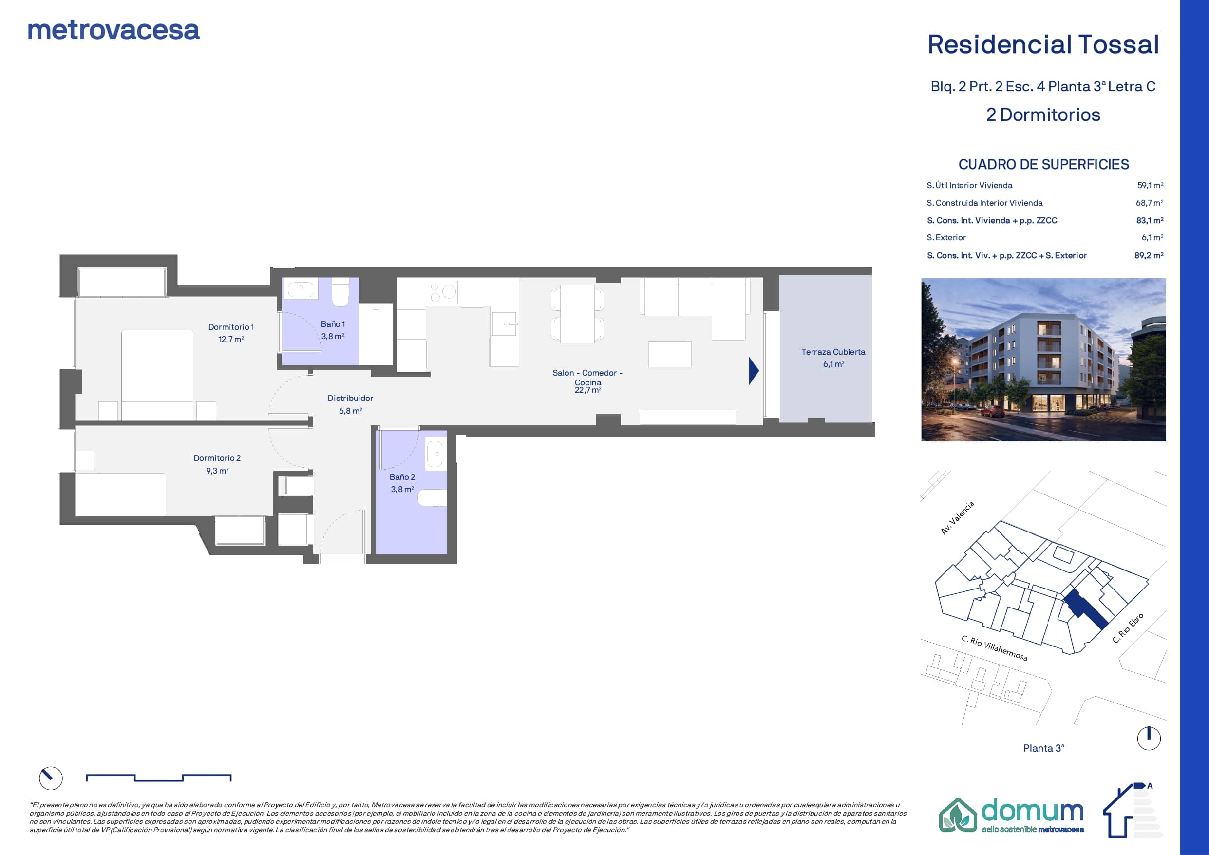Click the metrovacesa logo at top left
[x=113, y=31]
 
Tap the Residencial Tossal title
[x=1043, y=44]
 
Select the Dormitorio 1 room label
[x=231, y=327]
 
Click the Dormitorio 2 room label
[x=217, y=458]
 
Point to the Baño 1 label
[x=333, y=324]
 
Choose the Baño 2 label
[x=402, y=477]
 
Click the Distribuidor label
[x=350, y=398]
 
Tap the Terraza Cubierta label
[x=833, y=352]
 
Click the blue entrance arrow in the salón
[x=754, y=371]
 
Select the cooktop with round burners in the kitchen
[x=443, y=292]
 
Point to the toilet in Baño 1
[x=340, y=292]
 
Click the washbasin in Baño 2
[x=434, y=454]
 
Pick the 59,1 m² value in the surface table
[x=1150, y=186]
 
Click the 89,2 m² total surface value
[x=1149, y=255]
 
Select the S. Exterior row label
[x=946, y=238]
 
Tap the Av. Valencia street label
[x=957, y=518]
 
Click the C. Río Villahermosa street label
[x=994, y=648]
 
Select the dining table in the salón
[x=577, y=315]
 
